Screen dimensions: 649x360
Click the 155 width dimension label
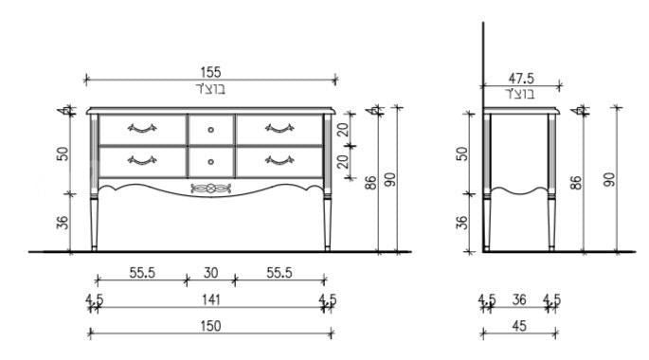(210, 72)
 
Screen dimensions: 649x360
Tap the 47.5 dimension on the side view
(521, 79)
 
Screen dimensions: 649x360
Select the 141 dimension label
(211, 299)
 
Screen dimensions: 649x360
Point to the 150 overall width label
(210, 326)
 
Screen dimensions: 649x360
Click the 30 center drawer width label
(210, 273)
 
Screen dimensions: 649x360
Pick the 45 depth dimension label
(519, 326)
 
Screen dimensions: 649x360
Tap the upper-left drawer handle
(142, 128)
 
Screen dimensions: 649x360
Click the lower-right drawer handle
(279, 160)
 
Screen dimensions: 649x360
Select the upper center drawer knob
(210, 130)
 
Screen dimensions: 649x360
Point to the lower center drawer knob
(210, 162)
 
